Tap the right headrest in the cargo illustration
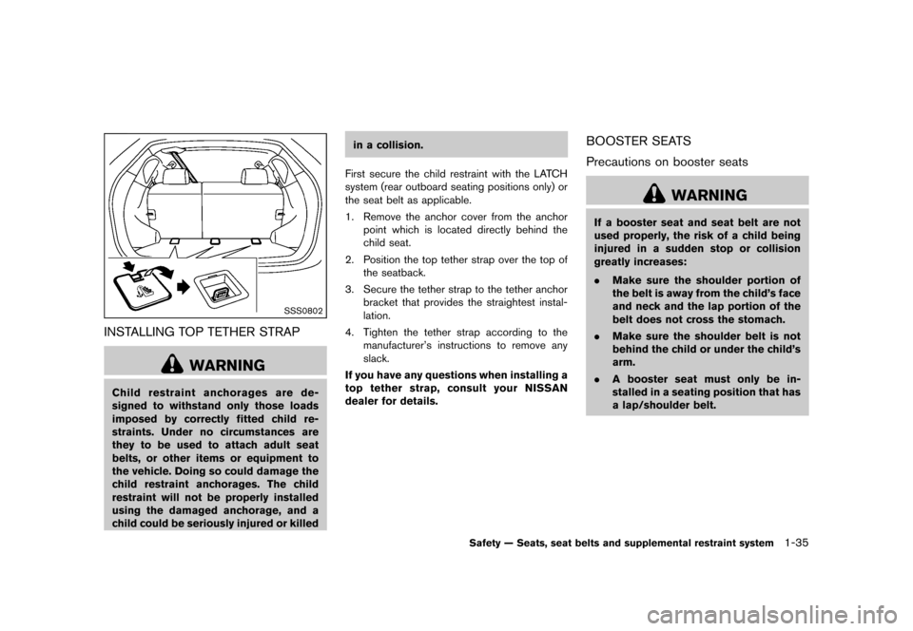click(x=254, y=175)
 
